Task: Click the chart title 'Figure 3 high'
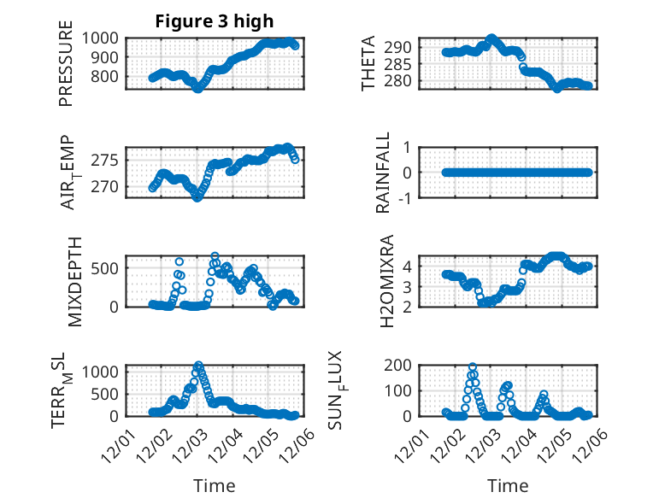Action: click(214, 21)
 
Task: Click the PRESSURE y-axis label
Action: click(66, 70)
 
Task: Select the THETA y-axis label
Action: click(368, 63)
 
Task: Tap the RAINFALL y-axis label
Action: click(384, 173)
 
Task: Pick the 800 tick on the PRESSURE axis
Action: click(109, 77)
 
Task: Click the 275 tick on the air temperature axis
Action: click(109, 161)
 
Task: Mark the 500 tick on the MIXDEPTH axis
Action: click(109, 267)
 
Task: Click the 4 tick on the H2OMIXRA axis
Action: click(409, 266)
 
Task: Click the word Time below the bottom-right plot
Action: click(508, 485)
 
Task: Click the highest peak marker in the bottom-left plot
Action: click(198, 366)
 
